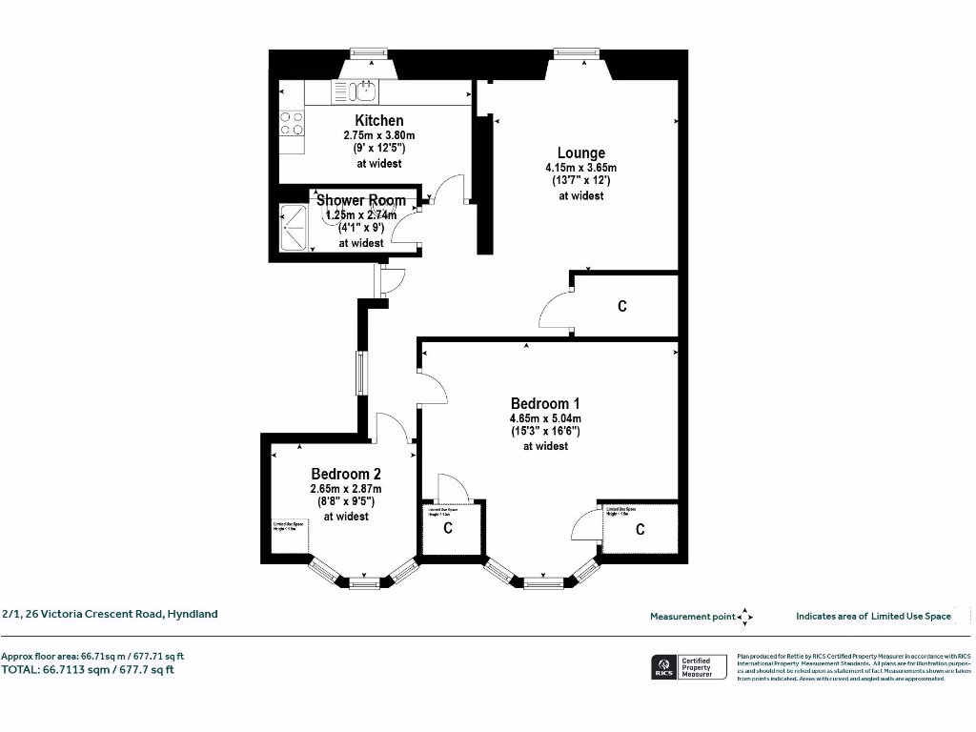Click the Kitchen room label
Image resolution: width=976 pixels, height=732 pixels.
coord(379,120)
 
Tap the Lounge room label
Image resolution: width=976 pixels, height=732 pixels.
coord(581,152)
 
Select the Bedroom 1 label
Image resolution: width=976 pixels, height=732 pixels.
coord(545,403)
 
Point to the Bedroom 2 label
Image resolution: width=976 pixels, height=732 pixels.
coord(346,474)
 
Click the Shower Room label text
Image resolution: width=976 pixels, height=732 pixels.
coord(361,200)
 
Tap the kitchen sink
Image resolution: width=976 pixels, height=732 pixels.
coord(362,91)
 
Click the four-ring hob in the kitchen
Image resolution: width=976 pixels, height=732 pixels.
coord(292,123)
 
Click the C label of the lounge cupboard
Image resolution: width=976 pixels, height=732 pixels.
coord(622,307)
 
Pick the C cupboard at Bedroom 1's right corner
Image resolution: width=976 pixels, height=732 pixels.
coord(640,530)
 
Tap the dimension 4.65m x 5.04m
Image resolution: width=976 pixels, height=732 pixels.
coord(545,418)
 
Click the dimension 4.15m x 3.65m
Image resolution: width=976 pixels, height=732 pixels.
coord(581,168)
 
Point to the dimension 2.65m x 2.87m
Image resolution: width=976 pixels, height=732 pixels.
coord(346,489)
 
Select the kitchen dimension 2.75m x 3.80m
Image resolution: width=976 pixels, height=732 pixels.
coord(379,135)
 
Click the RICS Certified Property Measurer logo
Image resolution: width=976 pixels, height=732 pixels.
coord(684,667)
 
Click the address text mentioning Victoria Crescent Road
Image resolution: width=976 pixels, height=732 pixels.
coord(110,614)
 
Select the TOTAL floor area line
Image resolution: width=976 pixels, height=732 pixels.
coord(88,669)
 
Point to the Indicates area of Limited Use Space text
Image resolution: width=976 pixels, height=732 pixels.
coord(873,617)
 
